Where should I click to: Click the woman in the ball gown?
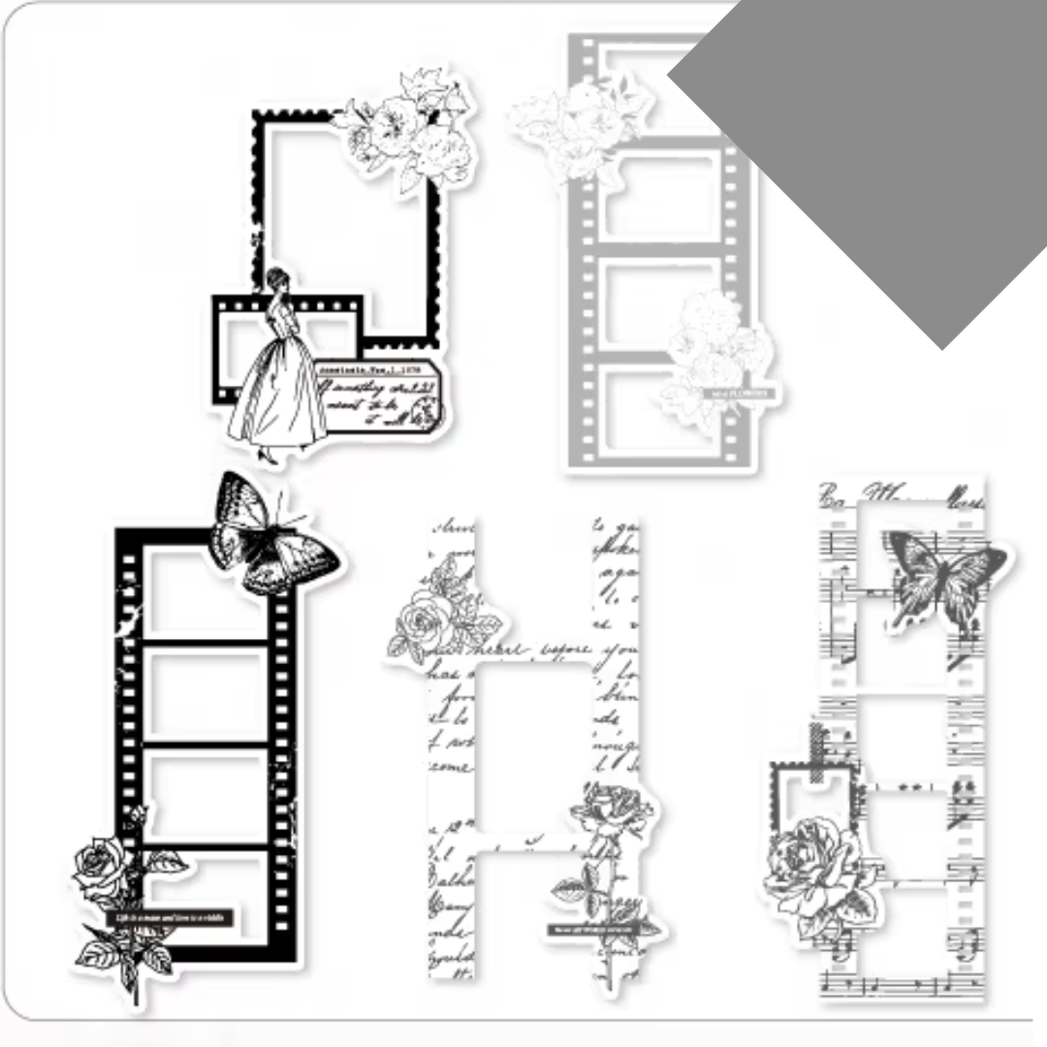(276, 378)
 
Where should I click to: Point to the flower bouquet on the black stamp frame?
(407, 126)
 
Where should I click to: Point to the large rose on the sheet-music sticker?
(819, 868)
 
